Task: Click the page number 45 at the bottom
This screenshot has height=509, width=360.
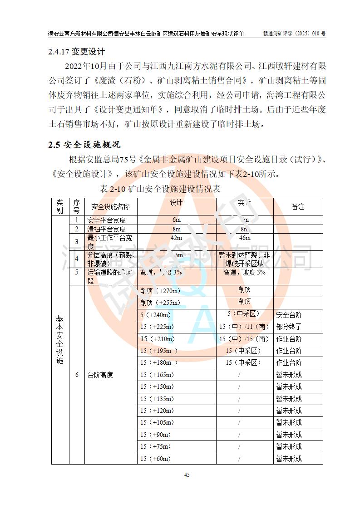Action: coord(187,475)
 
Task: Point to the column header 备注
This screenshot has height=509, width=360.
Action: coord(298,206)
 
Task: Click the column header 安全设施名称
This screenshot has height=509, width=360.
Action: coord(110,206)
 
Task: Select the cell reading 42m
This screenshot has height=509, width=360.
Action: coord(176,238)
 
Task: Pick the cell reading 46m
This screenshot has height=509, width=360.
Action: coord(244,238)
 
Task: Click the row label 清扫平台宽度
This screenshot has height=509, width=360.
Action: coord(106,229)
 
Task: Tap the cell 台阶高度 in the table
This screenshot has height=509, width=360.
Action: coord(100,375)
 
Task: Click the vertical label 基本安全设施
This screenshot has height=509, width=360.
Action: coord(60,340)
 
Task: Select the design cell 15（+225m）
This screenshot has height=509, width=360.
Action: coord(157,327)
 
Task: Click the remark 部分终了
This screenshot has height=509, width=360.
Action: coord(289,327)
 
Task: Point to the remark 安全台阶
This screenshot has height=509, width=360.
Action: coord(289,314)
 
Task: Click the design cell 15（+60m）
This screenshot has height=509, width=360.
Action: coord(155,459)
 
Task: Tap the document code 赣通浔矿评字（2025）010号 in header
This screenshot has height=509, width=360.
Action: coord(294,34)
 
